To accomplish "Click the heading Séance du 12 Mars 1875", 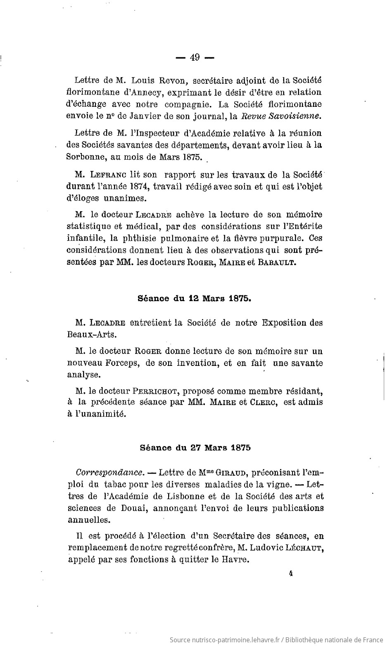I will click(x=195, y=299).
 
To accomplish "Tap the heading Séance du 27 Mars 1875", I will click(x=195, y=448).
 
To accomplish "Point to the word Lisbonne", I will click(x=193, y=495).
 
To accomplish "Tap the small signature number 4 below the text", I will click(x=291, y=573).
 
